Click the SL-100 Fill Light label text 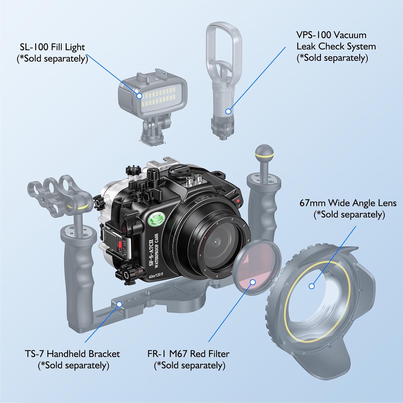[52, 53]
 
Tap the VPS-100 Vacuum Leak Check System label [336, 46]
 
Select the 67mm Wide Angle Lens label [348, 208]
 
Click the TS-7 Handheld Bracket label [73, 359]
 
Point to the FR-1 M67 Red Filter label [189, 359]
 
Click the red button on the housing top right [238, 200]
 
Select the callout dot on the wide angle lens [312, 286]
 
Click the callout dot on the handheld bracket [119, 304]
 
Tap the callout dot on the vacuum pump [228, 111]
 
